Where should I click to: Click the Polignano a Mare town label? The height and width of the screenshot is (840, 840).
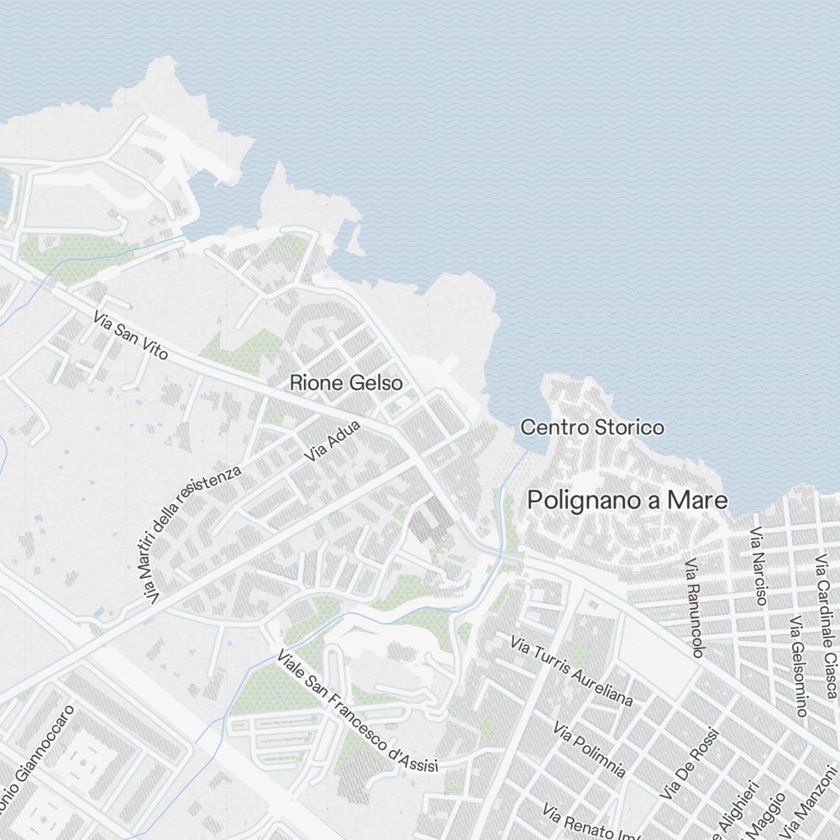tap(627, 501)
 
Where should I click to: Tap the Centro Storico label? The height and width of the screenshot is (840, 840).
tap(592, 428)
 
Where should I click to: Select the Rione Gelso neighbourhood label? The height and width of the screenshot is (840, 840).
tap(346, 383)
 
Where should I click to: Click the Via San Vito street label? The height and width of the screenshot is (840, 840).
tap(131, 336)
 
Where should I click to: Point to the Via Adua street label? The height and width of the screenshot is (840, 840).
tap(333, 442)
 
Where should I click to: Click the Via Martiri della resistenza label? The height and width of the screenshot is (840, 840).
tap(192, 534)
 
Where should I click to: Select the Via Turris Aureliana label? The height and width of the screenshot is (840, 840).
tap(572, 671)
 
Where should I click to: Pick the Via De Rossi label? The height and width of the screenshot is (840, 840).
tap(690, 764)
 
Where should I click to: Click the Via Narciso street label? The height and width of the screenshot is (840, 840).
tap(759, 566)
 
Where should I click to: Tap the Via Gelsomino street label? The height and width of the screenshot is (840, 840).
tap(797, 665)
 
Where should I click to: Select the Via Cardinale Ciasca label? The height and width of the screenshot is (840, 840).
tap(825, 625)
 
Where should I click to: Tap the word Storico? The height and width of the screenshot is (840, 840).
tap(629, 428)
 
